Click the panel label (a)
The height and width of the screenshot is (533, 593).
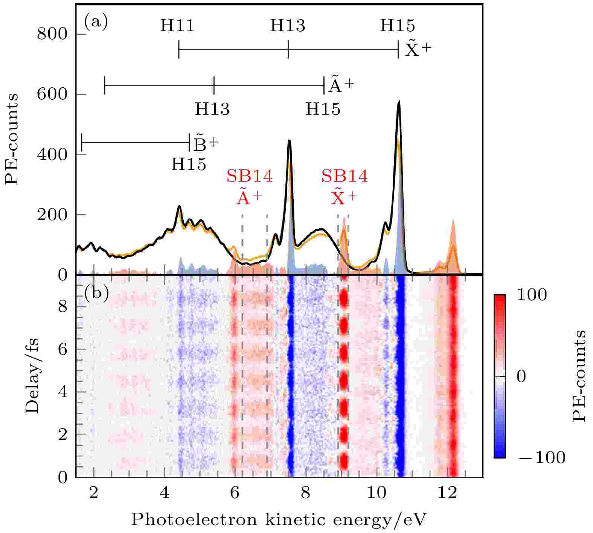click(x=96, y=23)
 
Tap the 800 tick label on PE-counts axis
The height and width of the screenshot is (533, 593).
click(x=52, y=35)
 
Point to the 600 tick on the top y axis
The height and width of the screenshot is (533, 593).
click(x=52, y=95)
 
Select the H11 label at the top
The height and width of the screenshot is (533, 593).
click(x=177, y=26)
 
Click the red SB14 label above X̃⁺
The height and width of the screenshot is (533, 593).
click(x=344, y=176)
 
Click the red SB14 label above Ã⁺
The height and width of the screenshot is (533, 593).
click(x=249, y=176)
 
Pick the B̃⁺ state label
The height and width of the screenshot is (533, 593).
click(x=206, y=143)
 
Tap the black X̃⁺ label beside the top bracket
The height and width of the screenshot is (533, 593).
click(x=417, y=50)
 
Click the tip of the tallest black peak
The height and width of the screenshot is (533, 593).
click(x=399, y=101)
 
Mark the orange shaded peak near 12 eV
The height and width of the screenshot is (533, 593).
click(x=453, y=241)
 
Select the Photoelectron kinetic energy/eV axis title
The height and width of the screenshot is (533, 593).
click(x=279, y=520)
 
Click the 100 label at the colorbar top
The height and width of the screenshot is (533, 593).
click(x=532, y=295)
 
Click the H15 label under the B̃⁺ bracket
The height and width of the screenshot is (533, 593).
click(x=189, y=164)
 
